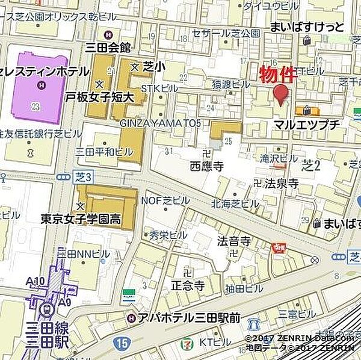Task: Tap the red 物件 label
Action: click(278, 74)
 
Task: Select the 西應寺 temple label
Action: click(206, 164)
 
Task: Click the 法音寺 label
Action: click(233, 241)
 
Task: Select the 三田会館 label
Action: click(125, 47)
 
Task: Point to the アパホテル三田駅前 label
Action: click(189, 317)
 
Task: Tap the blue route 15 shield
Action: click(123, 343)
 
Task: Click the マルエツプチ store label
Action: click(307, 125)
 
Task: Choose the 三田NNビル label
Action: click(84, 254)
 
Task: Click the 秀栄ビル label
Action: click(159, 235)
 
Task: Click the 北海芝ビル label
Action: click(236, 203)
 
